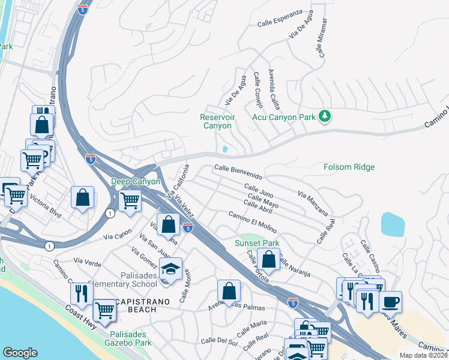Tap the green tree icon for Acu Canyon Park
(x=325, y=115)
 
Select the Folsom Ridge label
(x=349, y=167)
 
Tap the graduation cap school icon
(x=172, y=269)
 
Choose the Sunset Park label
(x=256, y=244)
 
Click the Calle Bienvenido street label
(x=238, y=172)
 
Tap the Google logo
(x=20, y=353)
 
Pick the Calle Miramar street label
(x=323, y=37)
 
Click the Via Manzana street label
(x=313, y=203)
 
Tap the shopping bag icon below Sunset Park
(x=268, y=259)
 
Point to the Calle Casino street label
(x=369, y=255)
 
